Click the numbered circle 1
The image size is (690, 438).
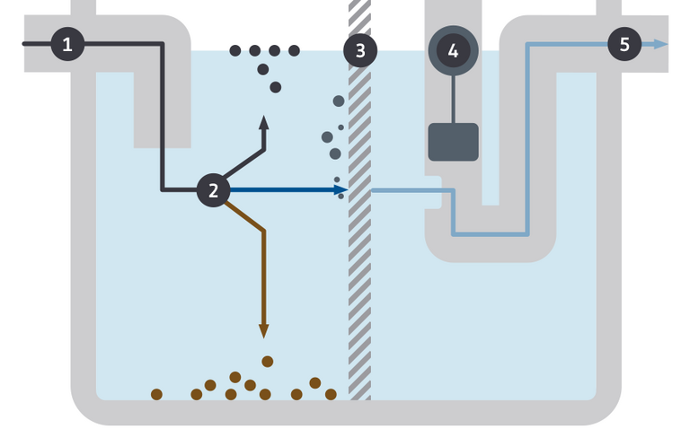(67, 44)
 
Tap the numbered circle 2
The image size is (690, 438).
(213, 189)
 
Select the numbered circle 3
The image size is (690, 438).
(360, 50)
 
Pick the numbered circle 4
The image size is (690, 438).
(453, 50)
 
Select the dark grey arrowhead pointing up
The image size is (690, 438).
(263, 122)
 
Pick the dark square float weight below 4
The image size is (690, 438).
(453, 142)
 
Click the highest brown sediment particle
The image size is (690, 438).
(267, 361)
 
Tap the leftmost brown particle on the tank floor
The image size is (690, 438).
(156, 394)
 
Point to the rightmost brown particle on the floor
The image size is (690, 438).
(331, 394)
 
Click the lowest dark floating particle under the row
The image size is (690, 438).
(276, 87)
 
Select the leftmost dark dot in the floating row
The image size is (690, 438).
(235, 50)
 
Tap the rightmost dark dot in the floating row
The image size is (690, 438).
(294, 50)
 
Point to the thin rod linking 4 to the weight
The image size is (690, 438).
(453, 99)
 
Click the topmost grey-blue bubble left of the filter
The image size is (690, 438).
(339, 101)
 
